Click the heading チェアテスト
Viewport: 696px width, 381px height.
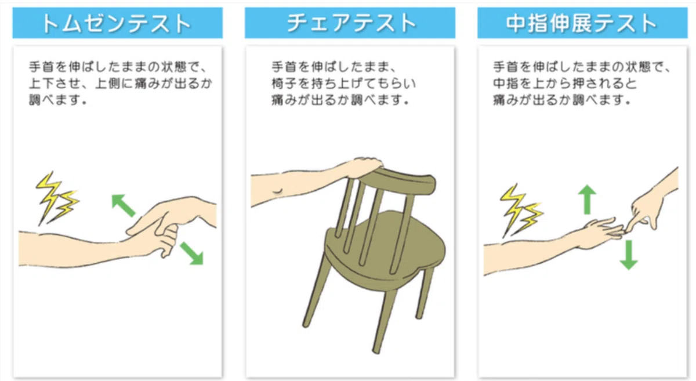(351, 23)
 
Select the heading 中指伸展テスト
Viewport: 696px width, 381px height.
(581, 23)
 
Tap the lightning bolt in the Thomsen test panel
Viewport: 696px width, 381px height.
(57, 198)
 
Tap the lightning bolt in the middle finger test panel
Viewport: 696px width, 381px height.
(521, 210)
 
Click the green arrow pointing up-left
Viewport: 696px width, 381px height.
(124, 205)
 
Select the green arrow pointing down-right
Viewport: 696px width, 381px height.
(192, 253)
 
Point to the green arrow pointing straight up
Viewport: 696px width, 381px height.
(587, 199)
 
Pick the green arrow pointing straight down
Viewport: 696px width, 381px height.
(629, 255)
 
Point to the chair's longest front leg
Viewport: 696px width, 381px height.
(385, 320)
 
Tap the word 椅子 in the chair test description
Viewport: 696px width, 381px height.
(281, 84)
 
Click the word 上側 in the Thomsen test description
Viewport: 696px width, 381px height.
(105, 84)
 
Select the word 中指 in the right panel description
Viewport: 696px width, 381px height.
(503, 84)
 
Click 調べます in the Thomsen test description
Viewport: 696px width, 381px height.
(57, 100)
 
